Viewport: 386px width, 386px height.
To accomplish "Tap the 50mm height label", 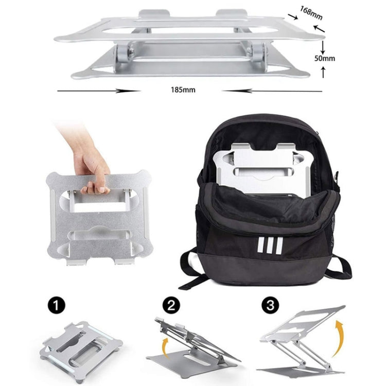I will [x=325, y=59].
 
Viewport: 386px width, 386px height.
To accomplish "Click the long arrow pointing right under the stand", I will [x=98, y=91].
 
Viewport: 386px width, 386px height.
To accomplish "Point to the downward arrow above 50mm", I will [x=323, y=47].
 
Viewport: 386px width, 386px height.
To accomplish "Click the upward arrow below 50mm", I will [x=323, y=72].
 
